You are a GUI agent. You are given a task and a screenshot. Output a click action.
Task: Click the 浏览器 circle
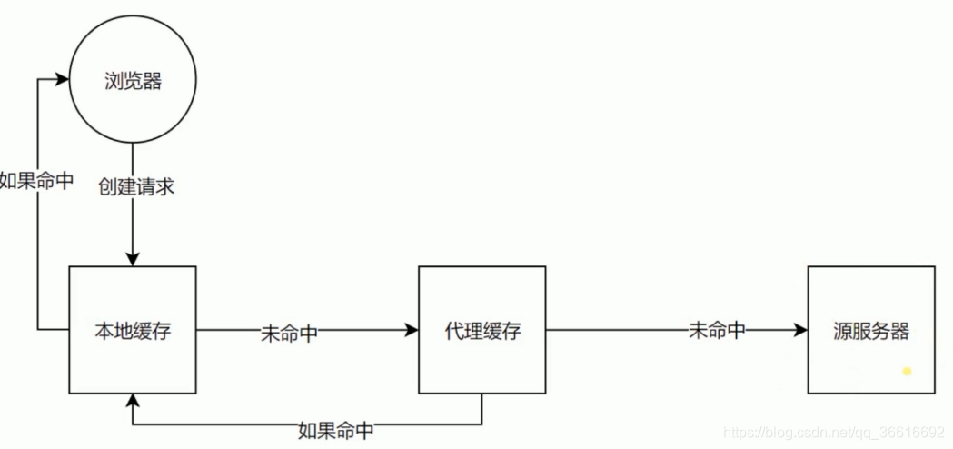coord(133,82)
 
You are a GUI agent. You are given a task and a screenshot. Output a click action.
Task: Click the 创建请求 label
coord(136,187)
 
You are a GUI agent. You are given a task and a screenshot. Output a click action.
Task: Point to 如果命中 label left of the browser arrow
coord(36,180)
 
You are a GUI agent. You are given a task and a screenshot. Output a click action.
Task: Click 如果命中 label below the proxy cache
coord(335,430)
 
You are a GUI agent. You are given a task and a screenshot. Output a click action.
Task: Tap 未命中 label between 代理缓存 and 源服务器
coord(717,331)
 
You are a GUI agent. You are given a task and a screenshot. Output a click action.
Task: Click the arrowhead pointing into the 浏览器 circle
coord(64,80)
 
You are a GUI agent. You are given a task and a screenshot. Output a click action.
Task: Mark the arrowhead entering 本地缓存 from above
coord(133,259)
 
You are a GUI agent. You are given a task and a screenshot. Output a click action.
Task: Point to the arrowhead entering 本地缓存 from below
coord(133,401)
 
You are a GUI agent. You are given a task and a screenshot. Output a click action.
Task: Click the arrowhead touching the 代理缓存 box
coord(412,331)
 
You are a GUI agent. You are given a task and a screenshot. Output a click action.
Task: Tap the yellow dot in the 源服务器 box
coord(906,371)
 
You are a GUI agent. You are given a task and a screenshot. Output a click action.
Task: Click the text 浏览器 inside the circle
coord(133,82)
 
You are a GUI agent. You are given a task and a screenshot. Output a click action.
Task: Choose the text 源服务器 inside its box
coord(870,331)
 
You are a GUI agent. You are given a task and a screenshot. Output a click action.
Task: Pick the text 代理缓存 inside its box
coord(482,331)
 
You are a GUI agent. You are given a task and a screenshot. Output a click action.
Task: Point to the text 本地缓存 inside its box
coord(133,331)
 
